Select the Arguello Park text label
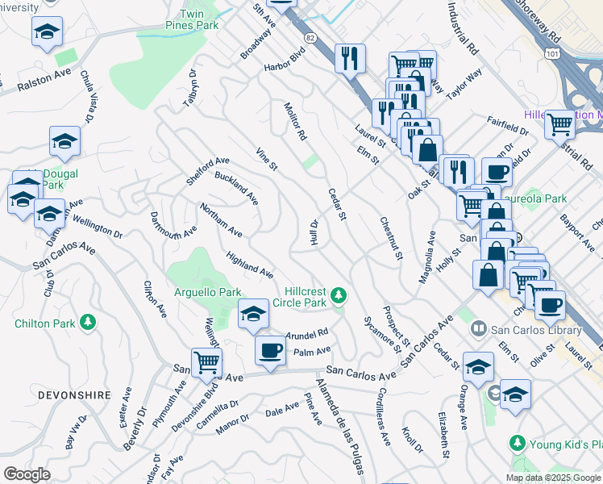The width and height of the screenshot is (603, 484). click(207, 291)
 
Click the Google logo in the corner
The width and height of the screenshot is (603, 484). click(27, 474)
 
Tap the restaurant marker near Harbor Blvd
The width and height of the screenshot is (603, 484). click(350, 58)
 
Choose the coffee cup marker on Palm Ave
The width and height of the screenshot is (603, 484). click(270, 350)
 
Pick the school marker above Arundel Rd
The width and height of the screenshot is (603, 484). click(253, 313)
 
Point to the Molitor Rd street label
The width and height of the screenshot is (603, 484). click(295, 122)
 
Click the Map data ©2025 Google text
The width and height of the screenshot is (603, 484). click(552, 478)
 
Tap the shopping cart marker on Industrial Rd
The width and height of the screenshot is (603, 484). click(559, 124)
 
